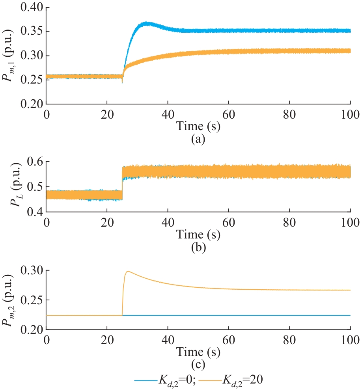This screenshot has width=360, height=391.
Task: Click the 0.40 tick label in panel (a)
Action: (x=30, y=7)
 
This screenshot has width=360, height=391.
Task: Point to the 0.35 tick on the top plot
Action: (x=30, y=32)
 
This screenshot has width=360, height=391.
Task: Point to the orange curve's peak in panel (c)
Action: (x=128, y=272)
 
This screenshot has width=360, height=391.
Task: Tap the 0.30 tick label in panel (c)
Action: (x=30, y=271)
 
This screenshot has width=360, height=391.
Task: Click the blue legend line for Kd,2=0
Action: (x=146, y=380)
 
